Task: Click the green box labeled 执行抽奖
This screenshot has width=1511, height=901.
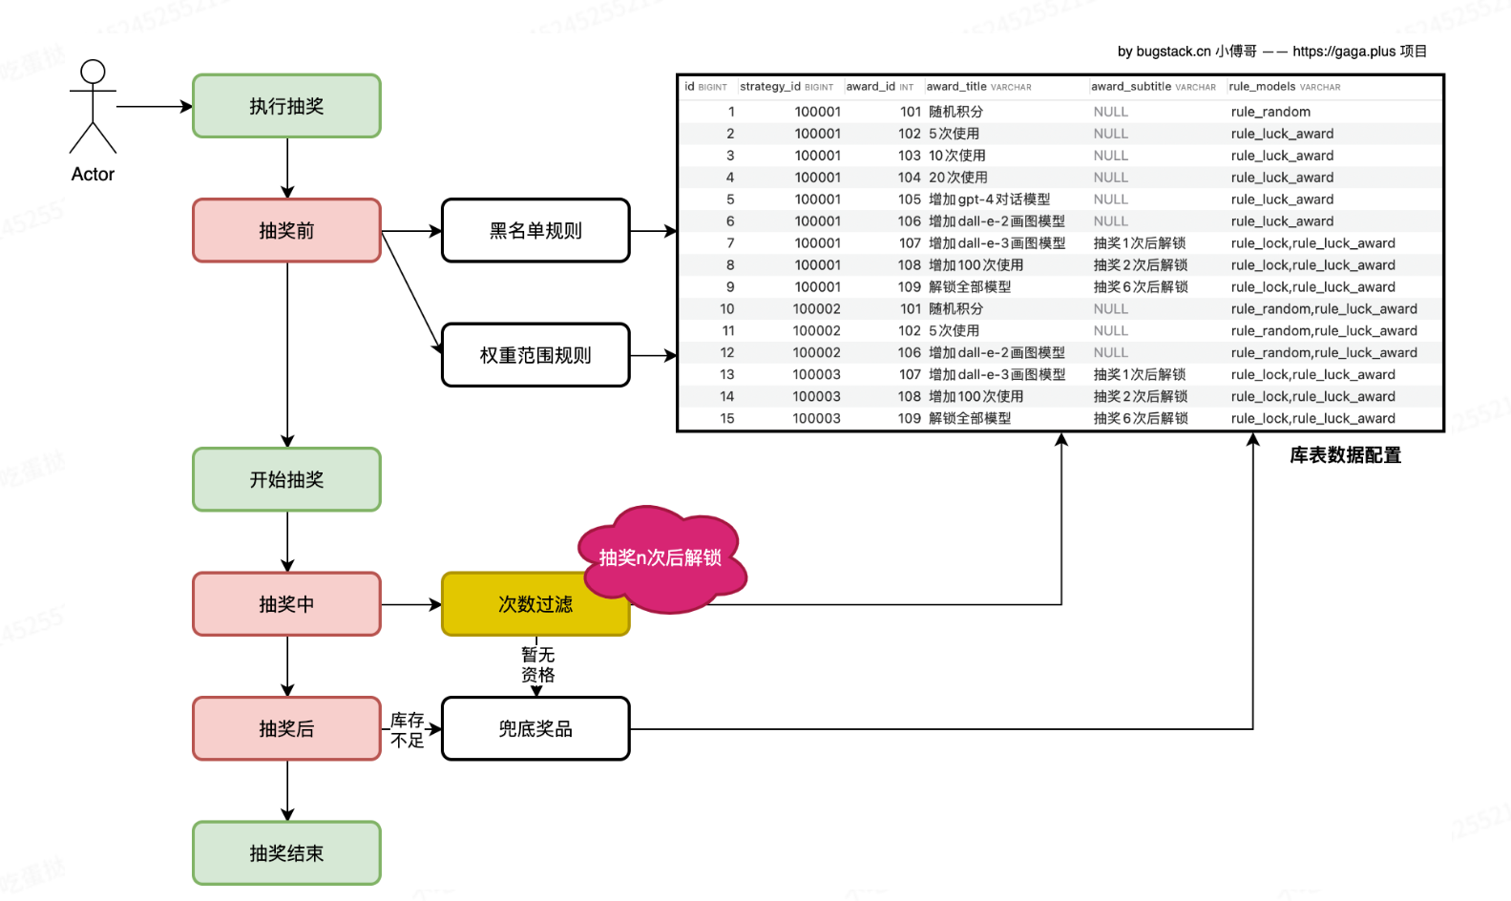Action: point(286,106)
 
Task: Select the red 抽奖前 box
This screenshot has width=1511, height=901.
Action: point(286,231)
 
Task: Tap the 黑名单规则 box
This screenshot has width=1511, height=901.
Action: point(535,231)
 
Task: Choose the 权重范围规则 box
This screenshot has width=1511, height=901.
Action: point(535,355)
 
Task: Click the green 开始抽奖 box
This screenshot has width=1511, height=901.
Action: point(286,479)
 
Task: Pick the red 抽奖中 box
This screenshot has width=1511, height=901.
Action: point(286,604)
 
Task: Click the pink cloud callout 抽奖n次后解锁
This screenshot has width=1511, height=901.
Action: point(661,558)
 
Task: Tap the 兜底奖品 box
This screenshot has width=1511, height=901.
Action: point(535,729)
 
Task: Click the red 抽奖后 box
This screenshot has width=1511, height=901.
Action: point(286,729)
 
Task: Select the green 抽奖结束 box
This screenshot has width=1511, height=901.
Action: point(286,853)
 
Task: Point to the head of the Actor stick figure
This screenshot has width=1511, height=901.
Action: point(93,72)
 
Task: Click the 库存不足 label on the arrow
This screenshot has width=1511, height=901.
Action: point(407,730)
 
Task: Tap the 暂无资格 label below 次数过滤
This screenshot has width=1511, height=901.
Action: point(537,664)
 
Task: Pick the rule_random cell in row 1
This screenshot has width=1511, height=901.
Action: point(1270,112)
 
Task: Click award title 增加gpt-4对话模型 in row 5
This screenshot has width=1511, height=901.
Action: point(989,199)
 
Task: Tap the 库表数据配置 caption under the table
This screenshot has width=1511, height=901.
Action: point(1345,455)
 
